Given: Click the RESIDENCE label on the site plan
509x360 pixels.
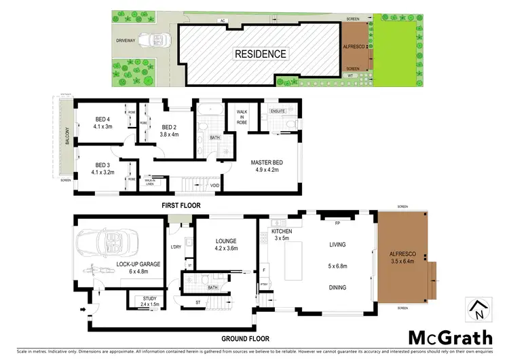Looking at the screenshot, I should (x=261, y=54).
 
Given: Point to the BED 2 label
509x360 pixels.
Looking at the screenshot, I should (x=170, y=130).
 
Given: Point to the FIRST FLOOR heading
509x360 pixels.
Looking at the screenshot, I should (x=181, y=204).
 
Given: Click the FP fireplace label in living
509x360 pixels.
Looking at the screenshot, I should (x=337, y=222).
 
